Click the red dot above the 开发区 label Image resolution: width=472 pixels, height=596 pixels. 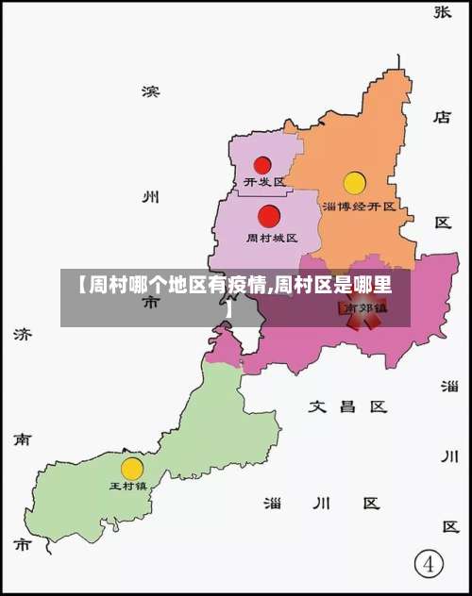(262, 165)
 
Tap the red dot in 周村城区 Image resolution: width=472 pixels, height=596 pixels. (269, 216)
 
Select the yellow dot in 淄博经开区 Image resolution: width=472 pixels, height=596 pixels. (354, 183)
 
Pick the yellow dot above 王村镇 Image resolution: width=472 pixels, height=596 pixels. (132, 468)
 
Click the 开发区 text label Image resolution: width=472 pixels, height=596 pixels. (264, 181)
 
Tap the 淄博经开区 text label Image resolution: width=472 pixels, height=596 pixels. (359, 205)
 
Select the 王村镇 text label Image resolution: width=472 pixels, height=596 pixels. (128, 486)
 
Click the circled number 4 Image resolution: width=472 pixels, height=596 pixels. (430, 565)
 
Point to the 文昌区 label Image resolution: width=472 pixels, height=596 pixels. (348, 406)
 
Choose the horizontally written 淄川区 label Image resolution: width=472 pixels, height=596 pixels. (322, 503)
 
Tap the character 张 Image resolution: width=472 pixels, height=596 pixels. (443, 11)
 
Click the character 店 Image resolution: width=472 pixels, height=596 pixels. (443, 117)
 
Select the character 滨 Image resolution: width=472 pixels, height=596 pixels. (150, 91)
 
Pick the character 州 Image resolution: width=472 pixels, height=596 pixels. (150, 197)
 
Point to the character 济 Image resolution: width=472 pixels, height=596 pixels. (22, 334)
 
